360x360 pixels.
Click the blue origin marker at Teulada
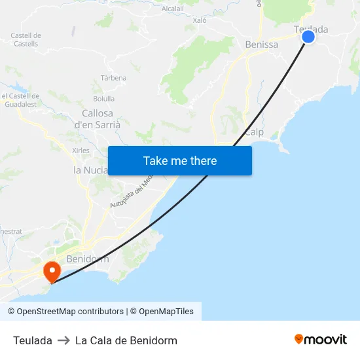click(x=308, y=37)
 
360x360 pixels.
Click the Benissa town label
click(x=261, y=45)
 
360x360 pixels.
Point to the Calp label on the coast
click(x=254, y=132)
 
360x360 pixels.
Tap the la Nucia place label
click(x=91, y=170)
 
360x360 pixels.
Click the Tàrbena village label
click(x=113, y=78)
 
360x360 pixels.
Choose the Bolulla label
click(x=103, y=99)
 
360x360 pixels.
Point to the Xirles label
click(x=81, y=150)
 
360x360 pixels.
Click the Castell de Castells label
click(x=26, y=39)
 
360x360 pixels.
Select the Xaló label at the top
click(x=200, y=20)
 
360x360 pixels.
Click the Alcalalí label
click(x=173, y=9)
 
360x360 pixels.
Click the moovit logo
click(x=320, y=340)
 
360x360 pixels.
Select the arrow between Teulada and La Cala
click(x=63, y=340)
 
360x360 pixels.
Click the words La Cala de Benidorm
click(x=126, y=340)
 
